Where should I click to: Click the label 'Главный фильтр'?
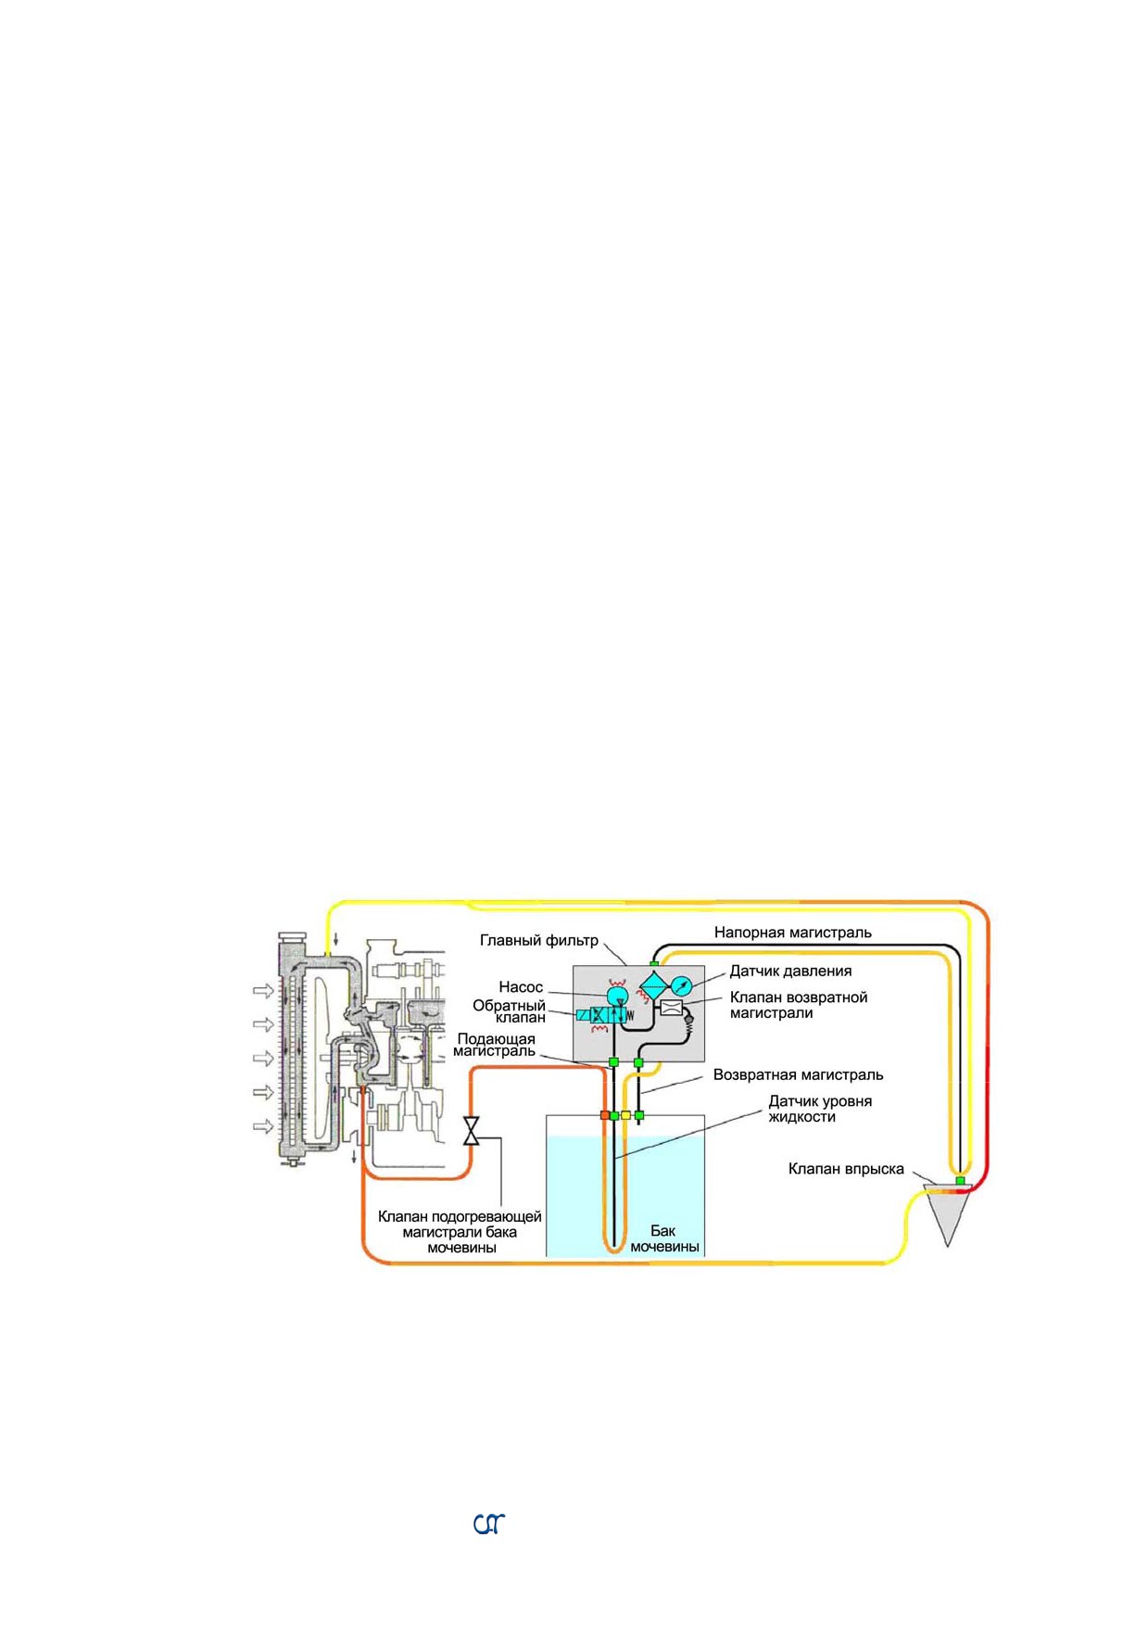point(539,940)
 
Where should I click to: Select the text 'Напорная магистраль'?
point(792,933)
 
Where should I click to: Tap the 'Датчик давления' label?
point(790,971)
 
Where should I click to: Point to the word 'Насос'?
point(521,987)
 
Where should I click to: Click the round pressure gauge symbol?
point(681,984)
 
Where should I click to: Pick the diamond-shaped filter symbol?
point(652,985)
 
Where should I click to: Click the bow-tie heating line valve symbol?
point(471,1131)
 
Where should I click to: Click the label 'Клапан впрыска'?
point(846,1169)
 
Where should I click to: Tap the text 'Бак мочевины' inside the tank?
point(664,1239)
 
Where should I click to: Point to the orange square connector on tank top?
point(605,1115)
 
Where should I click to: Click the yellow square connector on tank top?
point(625,1115)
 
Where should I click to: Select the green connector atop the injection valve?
point(960,1180)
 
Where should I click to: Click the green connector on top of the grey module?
point(653,965)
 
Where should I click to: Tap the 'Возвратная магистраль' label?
point(798,1075)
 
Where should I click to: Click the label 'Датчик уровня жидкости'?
point(820,1109)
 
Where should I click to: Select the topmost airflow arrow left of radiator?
point(264,991)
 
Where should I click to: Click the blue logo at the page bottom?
point(489,1524)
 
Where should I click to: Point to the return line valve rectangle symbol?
point(671,1008)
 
